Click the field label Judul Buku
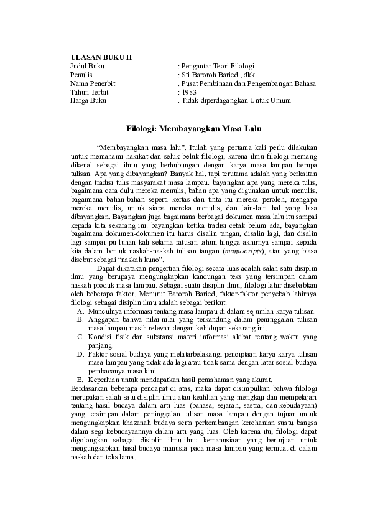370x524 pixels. click(87, 65)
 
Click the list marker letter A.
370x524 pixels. click(80, 311)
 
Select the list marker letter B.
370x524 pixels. click(80, 319)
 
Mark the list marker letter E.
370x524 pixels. click(80, 380)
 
